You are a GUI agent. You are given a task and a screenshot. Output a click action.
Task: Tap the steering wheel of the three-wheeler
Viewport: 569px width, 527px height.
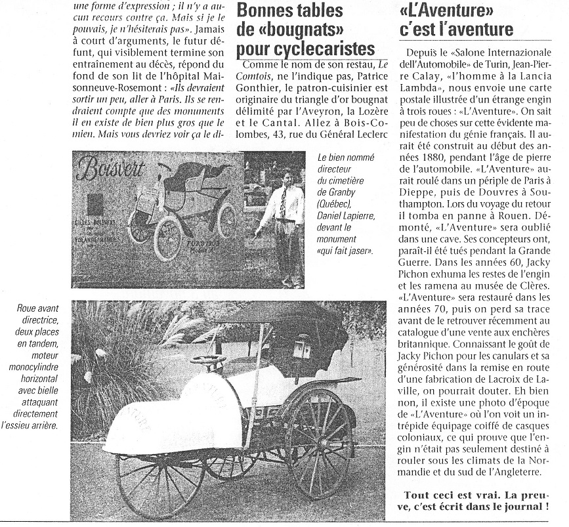point(208,360)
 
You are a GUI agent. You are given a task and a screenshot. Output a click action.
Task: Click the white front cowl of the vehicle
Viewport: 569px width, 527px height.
point(174,417)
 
